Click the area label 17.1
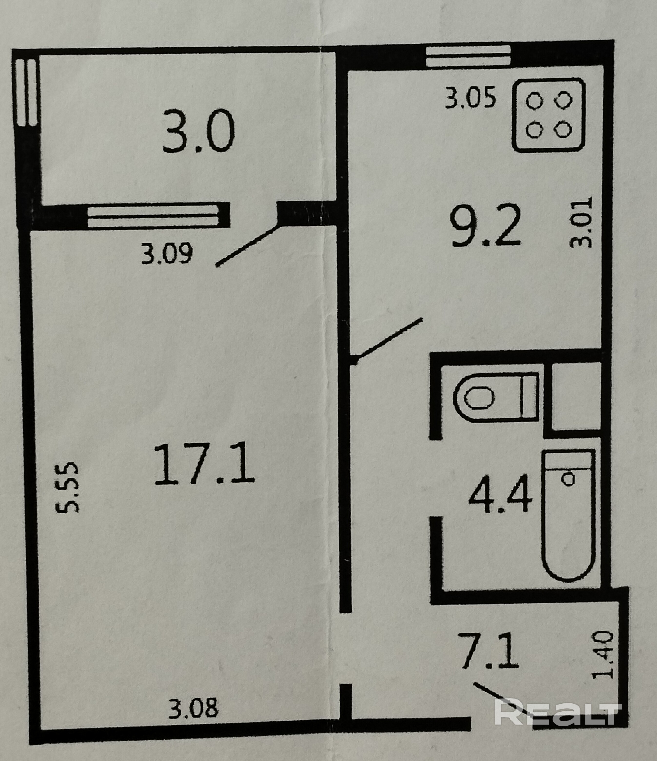[204, 465]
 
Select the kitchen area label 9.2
[485, 226]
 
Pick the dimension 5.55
[67, 487]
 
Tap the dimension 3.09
[167, 254]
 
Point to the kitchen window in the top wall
[469, 56]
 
